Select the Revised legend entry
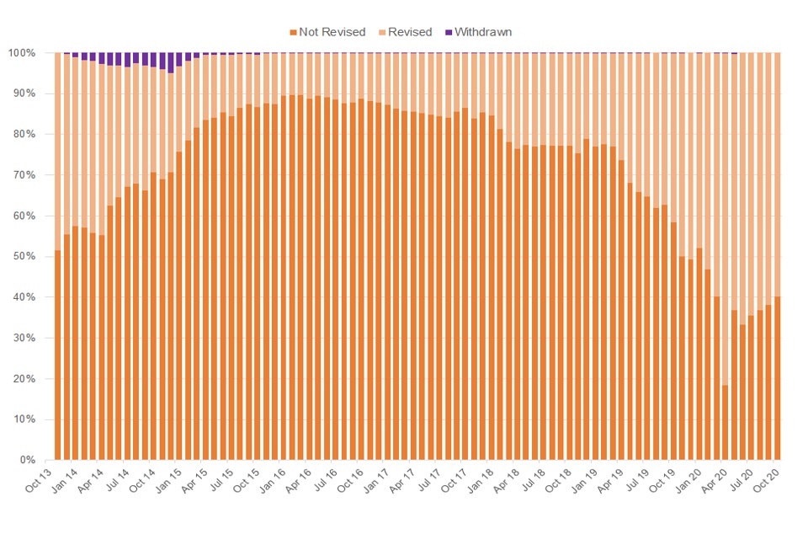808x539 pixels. tap(409, 32)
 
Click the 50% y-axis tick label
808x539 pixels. tap(33, 257)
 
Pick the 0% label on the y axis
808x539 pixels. tap(36, 461)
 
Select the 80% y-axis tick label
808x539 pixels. tap(33, 135)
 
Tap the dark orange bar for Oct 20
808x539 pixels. tap(777, 378)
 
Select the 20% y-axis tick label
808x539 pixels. tap(33, 379)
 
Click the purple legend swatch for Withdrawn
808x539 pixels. tap(449, 32)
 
